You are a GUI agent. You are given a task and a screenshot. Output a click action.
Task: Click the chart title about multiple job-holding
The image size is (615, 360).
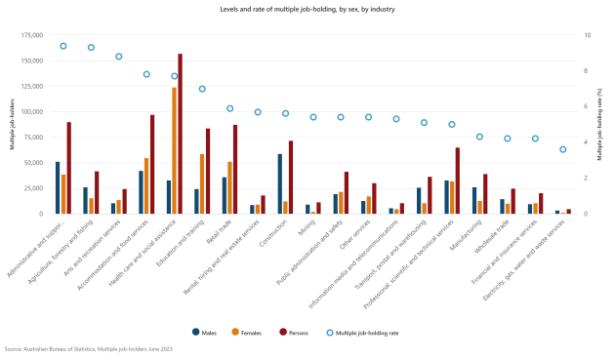[x=307, y=8]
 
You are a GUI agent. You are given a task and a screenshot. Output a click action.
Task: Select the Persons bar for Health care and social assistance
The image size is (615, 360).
[x=180, y=134]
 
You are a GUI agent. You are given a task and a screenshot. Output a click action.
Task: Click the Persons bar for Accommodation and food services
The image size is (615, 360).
[x=152, y=164]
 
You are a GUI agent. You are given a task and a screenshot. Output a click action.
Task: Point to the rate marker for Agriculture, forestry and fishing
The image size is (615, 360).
[x=91, y=47]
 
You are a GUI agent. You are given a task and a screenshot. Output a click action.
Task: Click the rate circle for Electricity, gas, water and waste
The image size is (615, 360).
[x=562, y=149]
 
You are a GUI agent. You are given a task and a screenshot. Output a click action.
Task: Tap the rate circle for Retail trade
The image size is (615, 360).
[x=229, y=108]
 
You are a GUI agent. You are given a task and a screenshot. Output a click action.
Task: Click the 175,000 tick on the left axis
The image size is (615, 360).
[x=30, y=35]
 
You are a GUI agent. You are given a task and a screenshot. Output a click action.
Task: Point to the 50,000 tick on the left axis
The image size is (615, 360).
[x=32, y=163]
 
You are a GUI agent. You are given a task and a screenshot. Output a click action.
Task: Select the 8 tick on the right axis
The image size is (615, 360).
[x=587, y=70]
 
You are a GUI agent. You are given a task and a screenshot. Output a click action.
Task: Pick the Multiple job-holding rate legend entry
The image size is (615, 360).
[x=362, y=332]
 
